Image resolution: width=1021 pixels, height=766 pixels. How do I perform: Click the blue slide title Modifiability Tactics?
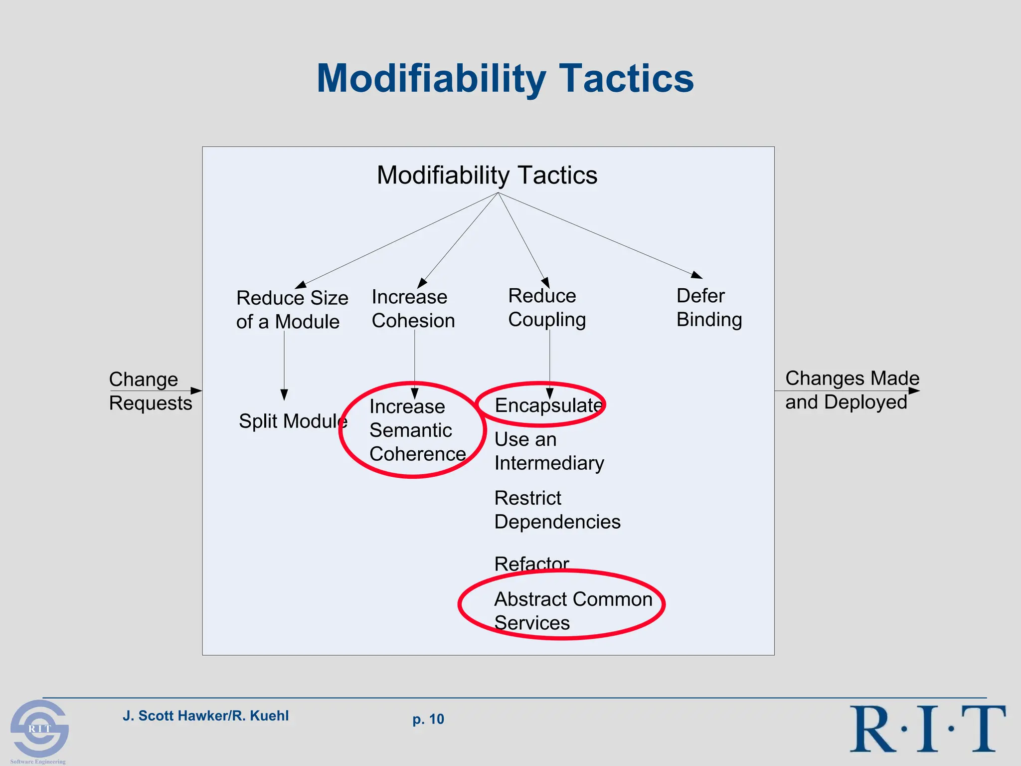point(505,79)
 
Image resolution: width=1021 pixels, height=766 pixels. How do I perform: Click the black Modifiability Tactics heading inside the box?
point(487,176)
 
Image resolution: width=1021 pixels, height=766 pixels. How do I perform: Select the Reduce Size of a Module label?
point(292,310)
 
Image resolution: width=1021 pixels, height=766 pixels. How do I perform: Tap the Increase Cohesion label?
point(413,309)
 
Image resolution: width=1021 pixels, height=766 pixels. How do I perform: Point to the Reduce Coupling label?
point(546,308)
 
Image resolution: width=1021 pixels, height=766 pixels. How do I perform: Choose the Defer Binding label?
point(709,308)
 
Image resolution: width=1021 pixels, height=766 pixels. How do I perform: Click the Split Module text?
point(293,421)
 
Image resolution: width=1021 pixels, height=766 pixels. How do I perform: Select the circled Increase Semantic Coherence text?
point(417,430)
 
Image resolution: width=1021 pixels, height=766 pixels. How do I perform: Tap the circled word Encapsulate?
point(548,405)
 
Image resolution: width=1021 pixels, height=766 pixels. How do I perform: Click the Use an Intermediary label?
point(548,451)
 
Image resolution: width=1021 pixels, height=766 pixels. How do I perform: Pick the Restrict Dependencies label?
point(557,510)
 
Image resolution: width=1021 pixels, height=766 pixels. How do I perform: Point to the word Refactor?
point(531,564)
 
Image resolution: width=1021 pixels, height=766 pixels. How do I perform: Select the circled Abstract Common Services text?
point(572,610)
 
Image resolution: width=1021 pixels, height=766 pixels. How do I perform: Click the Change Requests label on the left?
point(150,391)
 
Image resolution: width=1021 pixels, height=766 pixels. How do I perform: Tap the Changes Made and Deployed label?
point(851,390)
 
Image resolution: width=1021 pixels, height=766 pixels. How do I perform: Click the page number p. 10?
point(428,719)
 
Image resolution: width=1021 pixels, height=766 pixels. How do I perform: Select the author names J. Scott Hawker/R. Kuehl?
point(205,716)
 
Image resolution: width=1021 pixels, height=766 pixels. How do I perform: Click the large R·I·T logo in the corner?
point(927,729)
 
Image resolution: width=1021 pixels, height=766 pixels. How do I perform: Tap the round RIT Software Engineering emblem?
point(39,728)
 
